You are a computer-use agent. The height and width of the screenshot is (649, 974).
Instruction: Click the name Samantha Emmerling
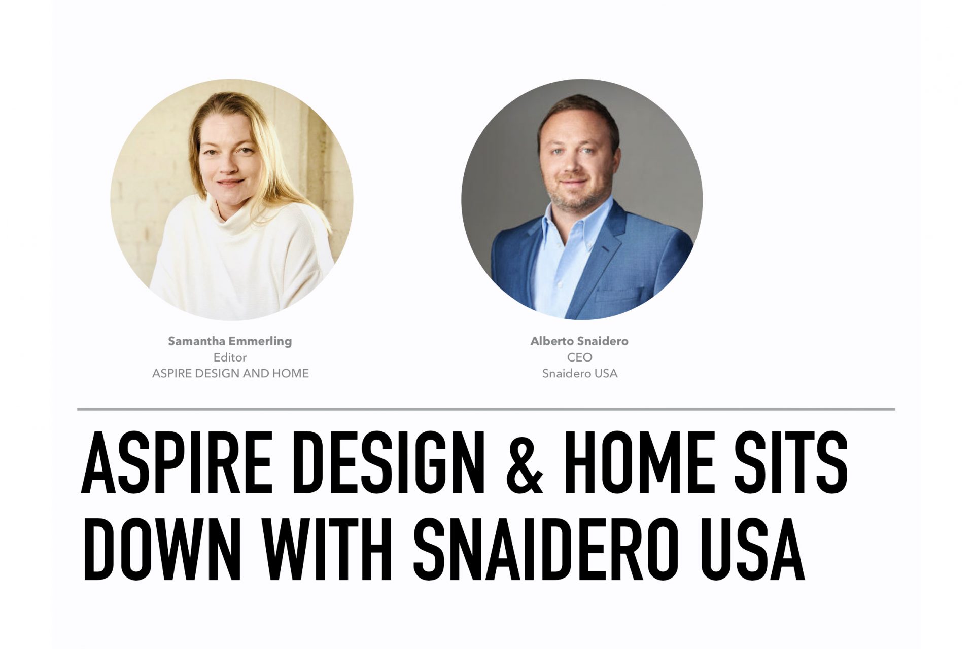(x=230, y=341)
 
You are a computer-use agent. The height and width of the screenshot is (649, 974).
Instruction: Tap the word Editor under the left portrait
(x=230, y=357)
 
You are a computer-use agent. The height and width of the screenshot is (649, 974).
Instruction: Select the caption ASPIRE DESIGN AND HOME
(x=230, y=374)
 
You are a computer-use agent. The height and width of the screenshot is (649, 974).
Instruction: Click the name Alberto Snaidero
(x=579, y=341)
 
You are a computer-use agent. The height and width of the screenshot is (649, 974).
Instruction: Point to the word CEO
(x=580, y=357)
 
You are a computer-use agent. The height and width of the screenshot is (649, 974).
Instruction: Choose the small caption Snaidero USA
(x=580, y=374)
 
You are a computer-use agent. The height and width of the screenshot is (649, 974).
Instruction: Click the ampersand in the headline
(x=525, y=462)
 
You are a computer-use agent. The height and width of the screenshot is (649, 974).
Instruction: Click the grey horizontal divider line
(x=486, y=409)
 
